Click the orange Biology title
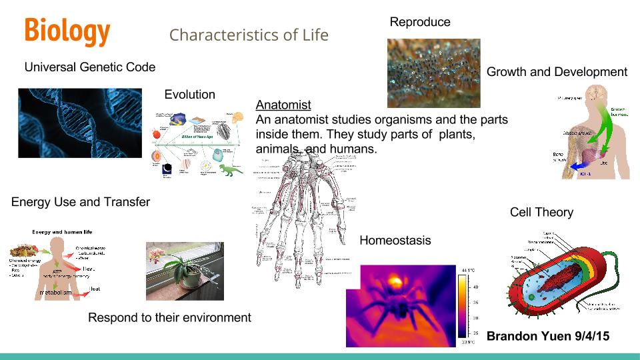(67, 31)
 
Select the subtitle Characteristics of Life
(249, 35)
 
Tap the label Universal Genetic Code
(90, 67)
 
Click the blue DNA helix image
(80, 123)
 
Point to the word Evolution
(189, 95)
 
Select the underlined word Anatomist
(283, 105)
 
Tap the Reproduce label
(420, 22)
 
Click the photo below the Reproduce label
(433, 73)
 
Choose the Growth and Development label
(557, 72)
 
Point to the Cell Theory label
(541, 212)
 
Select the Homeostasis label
(395, 240)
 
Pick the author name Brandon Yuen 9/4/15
(548, 336)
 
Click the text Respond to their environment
(169, 317)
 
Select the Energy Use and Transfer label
(81, 201)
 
